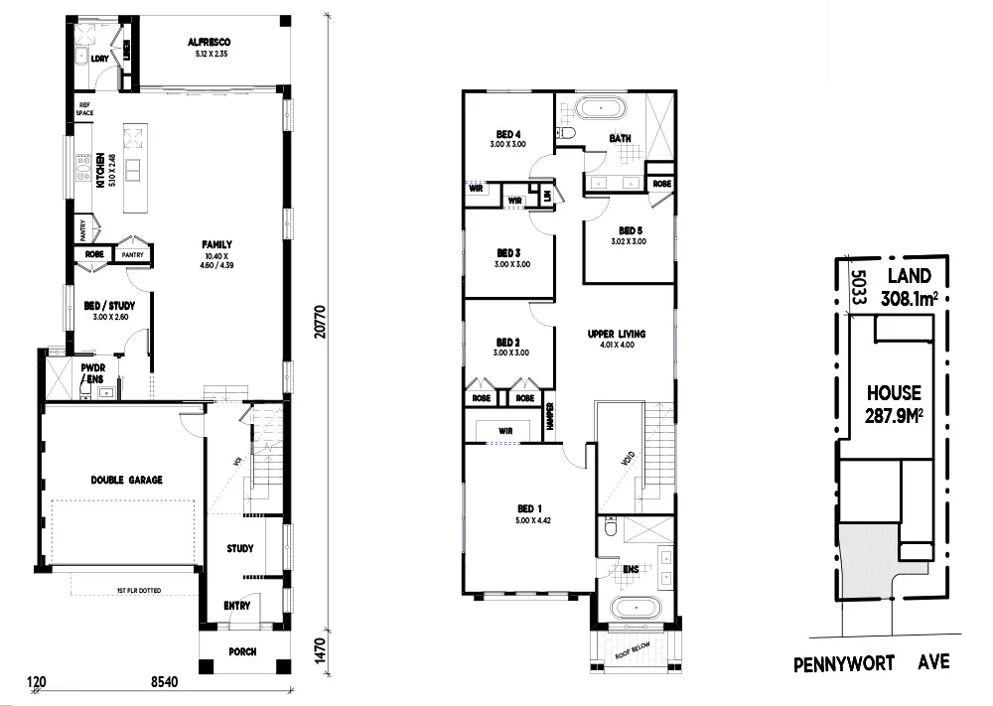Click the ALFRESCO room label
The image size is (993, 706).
pyautogui.click(x=209, y=42)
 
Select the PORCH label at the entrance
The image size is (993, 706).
pyautogui.click(x=241, y=652)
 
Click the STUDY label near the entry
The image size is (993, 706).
pyautogui.click(x=239, y=548)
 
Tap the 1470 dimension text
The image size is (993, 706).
pyautogui.click(x=318, y=651)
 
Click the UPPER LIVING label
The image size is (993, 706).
pyautogui.click(x=616, y=335)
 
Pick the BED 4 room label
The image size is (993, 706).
pyautogui.click(x=509, y=135)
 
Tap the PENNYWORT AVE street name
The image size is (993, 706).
pyautogui.click(x=871, y=661)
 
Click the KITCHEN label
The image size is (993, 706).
pyautogui.click(x=100, y=171)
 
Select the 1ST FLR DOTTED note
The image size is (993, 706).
pyautogui.click(x=140, y=591)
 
